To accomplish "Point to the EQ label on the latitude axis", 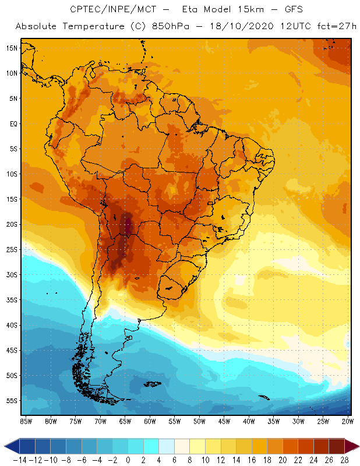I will tap(13, 123).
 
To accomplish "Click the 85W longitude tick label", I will tap(26, 421).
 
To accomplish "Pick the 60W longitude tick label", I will tap(150, 421).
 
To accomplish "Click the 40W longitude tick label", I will tap(249, 421).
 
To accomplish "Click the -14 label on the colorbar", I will tap(19, 460).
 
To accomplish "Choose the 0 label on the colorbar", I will tap(128, 460).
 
